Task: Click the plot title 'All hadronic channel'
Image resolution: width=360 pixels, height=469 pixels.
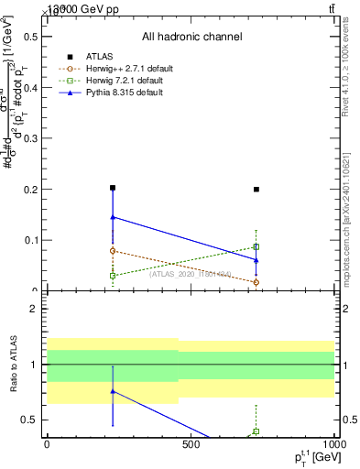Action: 191,37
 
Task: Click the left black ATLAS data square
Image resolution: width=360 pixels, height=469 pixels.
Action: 113,188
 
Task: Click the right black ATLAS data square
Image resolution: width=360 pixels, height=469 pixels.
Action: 256,190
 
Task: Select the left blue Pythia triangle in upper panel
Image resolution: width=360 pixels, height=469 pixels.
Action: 113,217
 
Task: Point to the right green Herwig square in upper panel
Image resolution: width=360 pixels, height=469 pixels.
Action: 256,246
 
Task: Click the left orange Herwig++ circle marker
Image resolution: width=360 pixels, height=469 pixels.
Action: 113,250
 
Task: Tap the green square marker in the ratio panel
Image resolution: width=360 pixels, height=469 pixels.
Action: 256,431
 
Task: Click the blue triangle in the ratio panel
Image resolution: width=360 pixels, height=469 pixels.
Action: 113,391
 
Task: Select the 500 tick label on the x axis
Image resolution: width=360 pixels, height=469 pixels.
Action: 191,445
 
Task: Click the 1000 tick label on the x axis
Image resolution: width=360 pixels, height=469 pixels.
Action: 332,445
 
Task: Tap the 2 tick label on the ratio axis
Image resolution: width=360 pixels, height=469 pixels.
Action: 35,309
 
